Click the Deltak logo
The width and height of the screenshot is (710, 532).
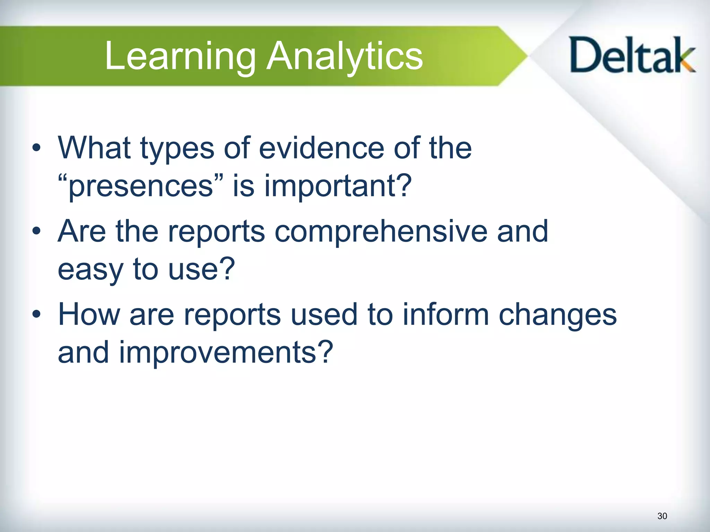tap(632, 55)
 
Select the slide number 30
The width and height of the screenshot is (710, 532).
tap(662, 516)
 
